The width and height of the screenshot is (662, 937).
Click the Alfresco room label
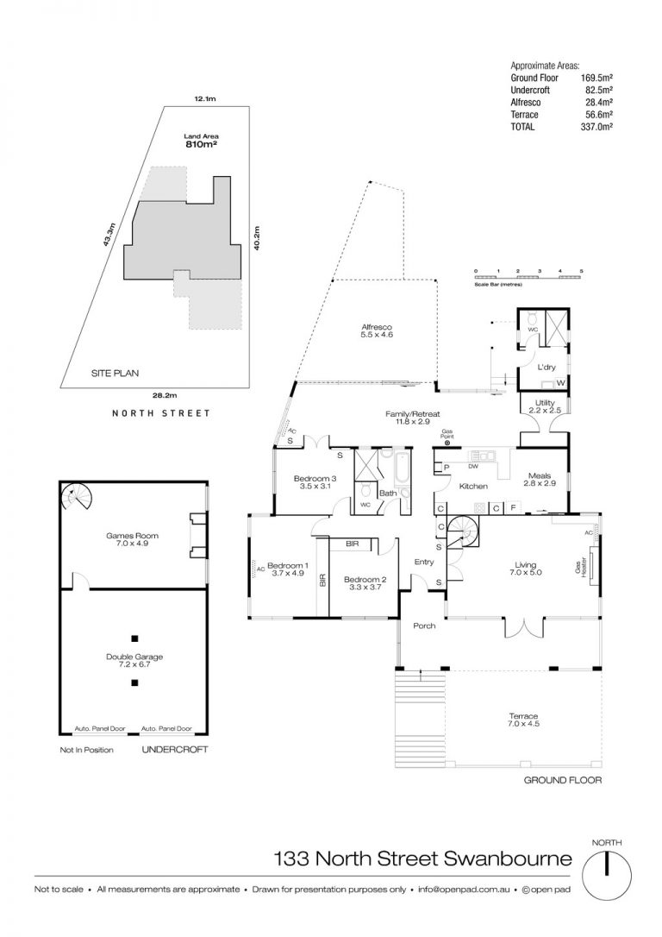point(377,327)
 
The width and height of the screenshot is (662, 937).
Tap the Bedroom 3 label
point(315,478)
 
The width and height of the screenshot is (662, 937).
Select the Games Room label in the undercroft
point(133,536)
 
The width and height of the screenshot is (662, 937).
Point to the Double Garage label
point(134,657)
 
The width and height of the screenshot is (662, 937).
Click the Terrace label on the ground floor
point(523,716)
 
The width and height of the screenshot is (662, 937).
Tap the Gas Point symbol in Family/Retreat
point(447,443)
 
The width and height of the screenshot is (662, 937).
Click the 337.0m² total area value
point(598,127)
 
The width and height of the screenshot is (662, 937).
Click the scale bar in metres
point(528,277)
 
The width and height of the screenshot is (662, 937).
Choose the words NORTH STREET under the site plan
point(161,413)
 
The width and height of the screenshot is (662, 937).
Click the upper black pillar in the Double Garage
point(135,637)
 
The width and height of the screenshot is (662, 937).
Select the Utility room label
point(545,403)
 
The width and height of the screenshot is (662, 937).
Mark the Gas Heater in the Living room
point(592,565)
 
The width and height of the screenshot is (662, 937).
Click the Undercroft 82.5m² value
point(598,91)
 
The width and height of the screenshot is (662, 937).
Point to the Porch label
point(424,626)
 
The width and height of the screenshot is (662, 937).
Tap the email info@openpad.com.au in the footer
point(464,890)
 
